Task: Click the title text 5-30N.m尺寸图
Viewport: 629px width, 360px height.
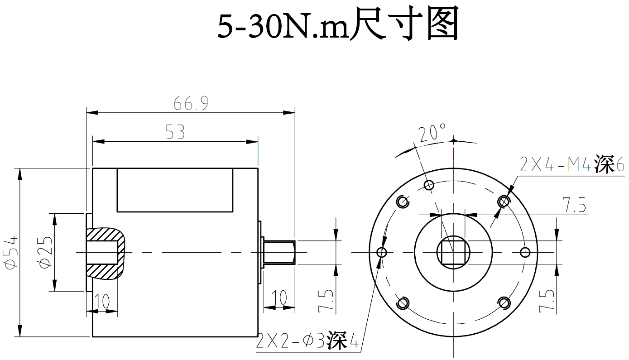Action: (x=338, y=26)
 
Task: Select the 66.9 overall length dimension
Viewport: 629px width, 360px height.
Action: (x=191, y=104)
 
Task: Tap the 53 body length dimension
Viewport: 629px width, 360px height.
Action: (x=175, y=133)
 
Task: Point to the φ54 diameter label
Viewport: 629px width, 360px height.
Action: (x=11, y=252)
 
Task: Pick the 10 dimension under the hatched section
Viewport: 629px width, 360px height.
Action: (x=103, y=301)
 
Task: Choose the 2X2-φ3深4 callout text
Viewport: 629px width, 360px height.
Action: (x=307, y=342)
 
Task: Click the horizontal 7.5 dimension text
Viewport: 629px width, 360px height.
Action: (x=574, y=206)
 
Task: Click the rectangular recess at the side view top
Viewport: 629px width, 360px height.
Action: (x=175, y=190)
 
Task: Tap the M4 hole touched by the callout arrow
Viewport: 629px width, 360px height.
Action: (x=503, y=201)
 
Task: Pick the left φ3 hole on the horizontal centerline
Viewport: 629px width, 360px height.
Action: (x=382, y=252)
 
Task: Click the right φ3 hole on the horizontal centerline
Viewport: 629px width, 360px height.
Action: (x=525, y=252)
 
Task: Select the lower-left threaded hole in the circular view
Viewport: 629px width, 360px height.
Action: (x=402, y=303)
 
